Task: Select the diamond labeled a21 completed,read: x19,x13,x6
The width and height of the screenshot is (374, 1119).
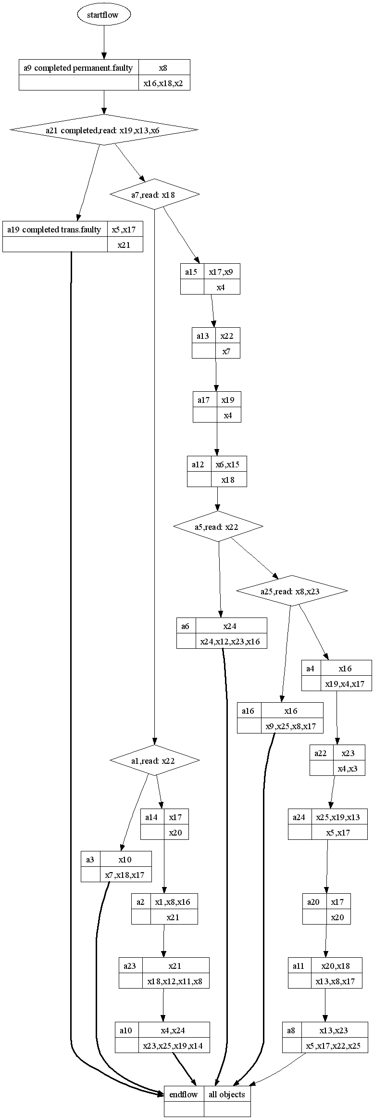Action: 104,130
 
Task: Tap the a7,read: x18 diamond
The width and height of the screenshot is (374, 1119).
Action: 154,194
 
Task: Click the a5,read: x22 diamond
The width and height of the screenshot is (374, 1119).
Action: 218,527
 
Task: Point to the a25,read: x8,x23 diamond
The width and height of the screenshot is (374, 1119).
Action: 292,591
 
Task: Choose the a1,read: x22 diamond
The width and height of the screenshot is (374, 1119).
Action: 154,760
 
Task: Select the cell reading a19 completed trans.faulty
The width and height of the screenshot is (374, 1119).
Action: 55,230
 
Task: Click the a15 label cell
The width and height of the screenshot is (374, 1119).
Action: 192,272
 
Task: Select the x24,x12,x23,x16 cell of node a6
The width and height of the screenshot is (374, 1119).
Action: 231,641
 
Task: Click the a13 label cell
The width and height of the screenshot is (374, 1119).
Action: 203,336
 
